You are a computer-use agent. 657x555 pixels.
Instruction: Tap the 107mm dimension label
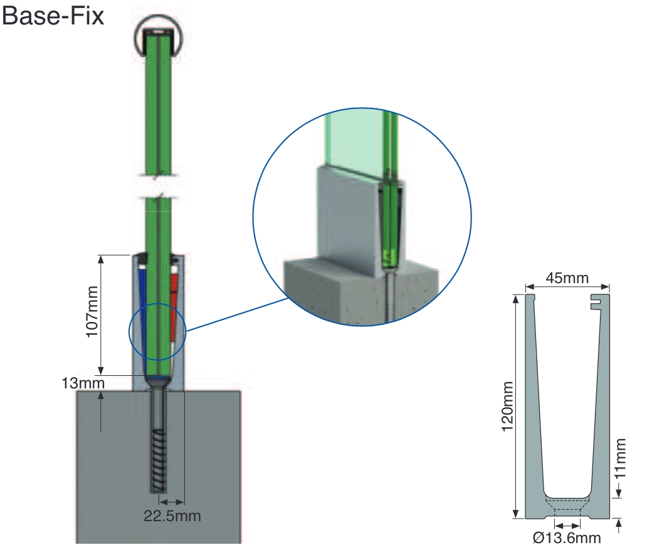[93, 311]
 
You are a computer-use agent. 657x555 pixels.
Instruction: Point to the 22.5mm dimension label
[172, 516]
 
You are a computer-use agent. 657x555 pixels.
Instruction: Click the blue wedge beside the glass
[142, 313]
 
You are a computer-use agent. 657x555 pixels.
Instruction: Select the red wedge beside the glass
[175, 301]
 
